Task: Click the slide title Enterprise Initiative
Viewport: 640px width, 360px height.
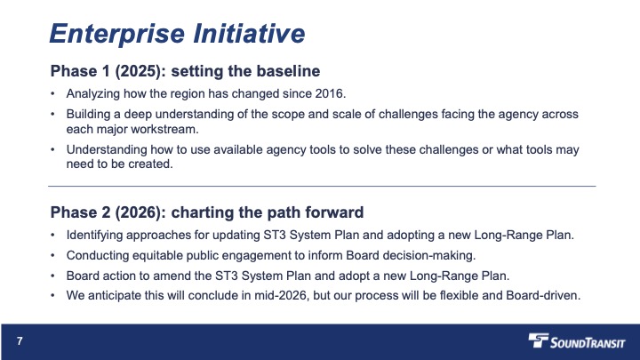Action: (177, 33)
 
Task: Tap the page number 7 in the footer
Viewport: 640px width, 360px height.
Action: (20, 340)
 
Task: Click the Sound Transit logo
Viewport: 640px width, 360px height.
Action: (576, 340)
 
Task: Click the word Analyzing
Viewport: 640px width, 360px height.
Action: (93, 94)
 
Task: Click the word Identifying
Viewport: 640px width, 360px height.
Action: (94, 236)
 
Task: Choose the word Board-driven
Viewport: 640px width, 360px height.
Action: (543, 295)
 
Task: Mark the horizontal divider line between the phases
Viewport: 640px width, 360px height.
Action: (322, 186)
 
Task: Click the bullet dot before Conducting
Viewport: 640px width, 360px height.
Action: (52, 255)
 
